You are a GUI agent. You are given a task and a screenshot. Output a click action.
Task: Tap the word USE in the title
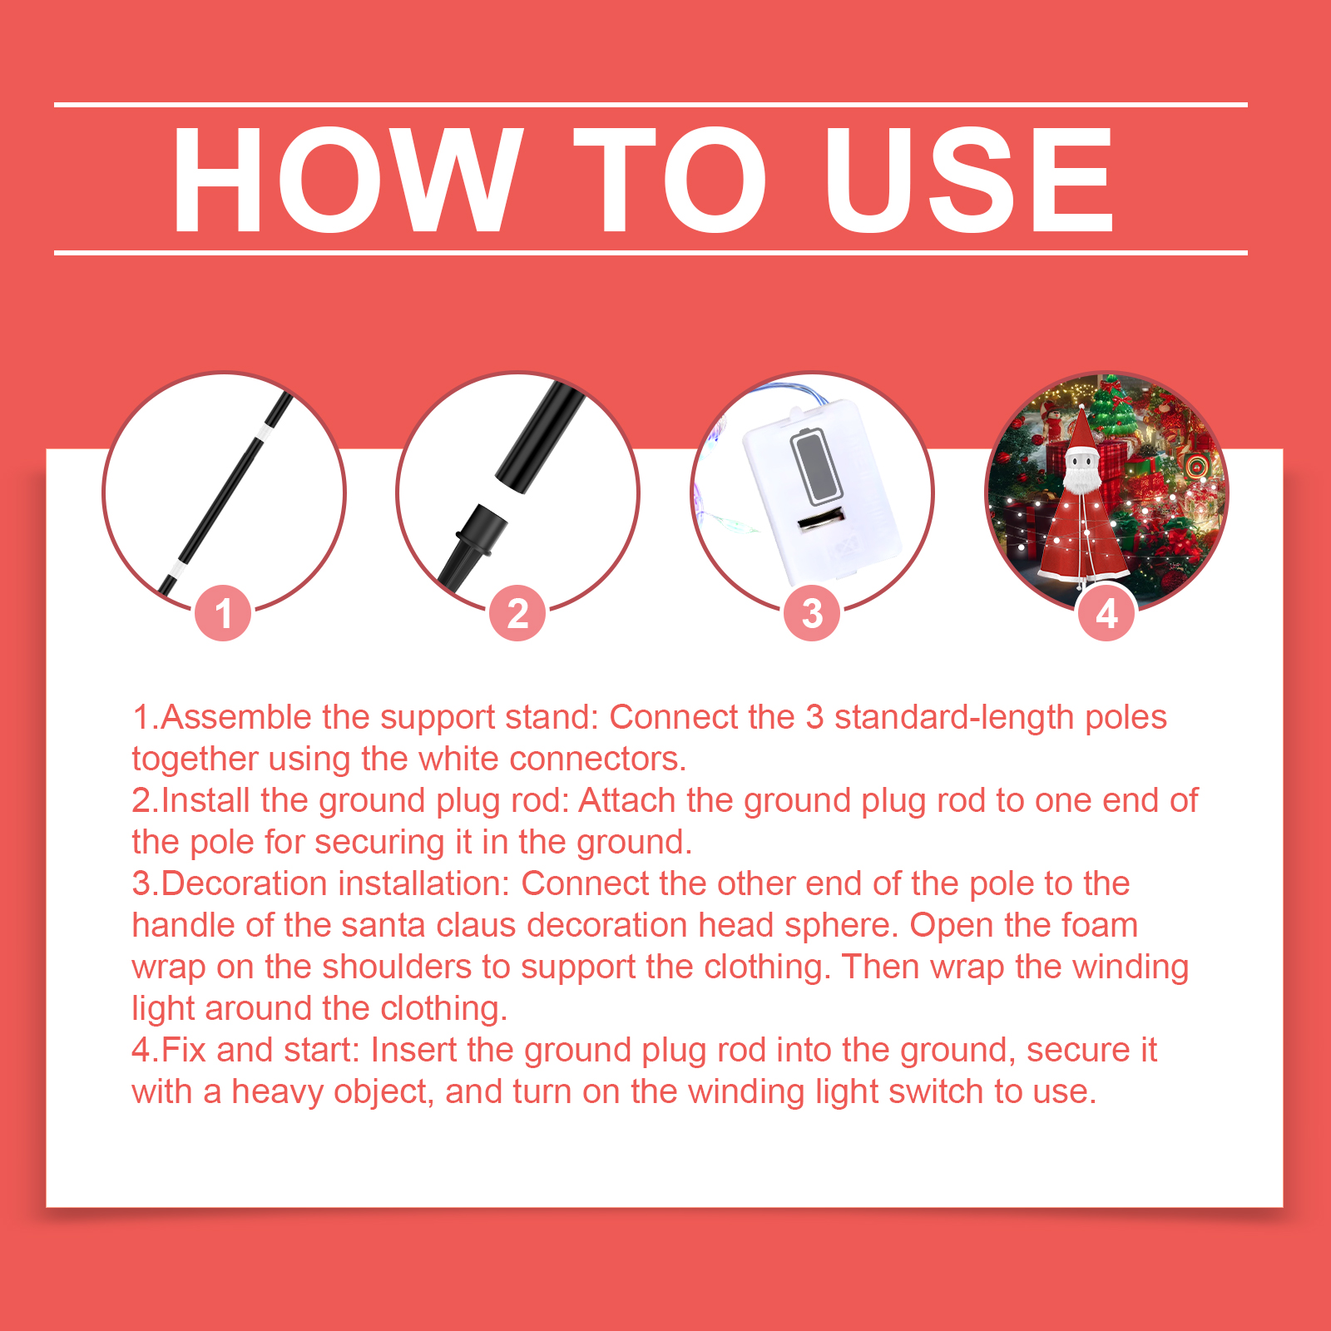[968, 179]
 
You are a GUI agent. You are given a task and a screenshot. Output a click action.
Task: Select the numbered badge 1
[223, 613]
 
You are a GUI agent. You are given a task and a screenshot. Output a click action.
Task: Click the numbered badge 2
[517, 613]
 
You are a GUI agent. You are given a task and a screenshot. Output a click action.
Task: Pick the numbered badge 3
[812, 613]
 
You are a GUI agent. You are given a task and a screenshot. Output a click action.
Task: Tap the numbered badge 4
[1106, 613]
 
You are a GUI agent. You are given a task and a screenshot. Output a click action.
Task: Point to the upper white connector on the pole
[264, 433]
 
